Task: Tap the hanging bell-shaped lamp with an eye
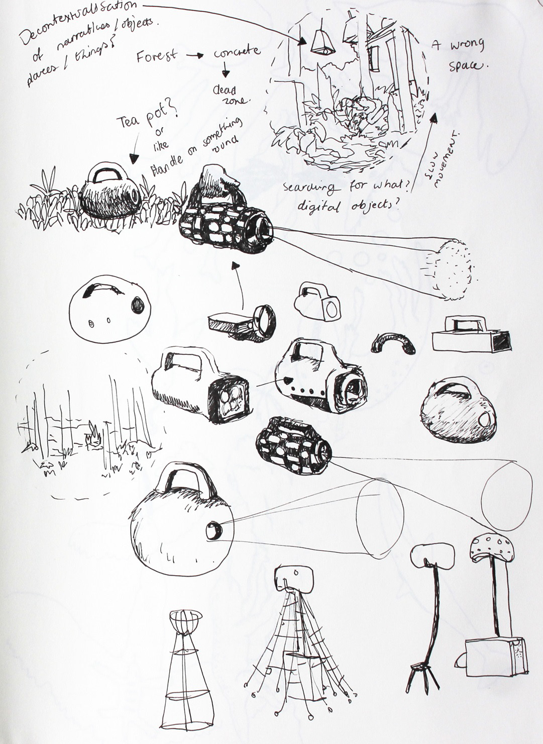pyautogui.click(x=321, y=41)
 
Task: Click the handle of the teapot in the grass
pyautogui.click(x=106, y=174)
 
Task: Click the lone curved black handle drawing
pyautogui.click(x=393, y=342)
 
